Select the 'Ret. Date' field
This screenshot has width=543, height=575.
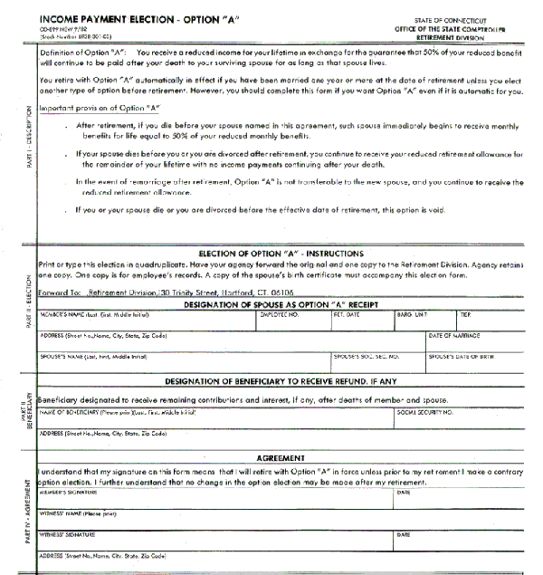363,321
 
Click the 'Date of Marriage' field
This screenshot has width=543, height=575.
481,342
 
